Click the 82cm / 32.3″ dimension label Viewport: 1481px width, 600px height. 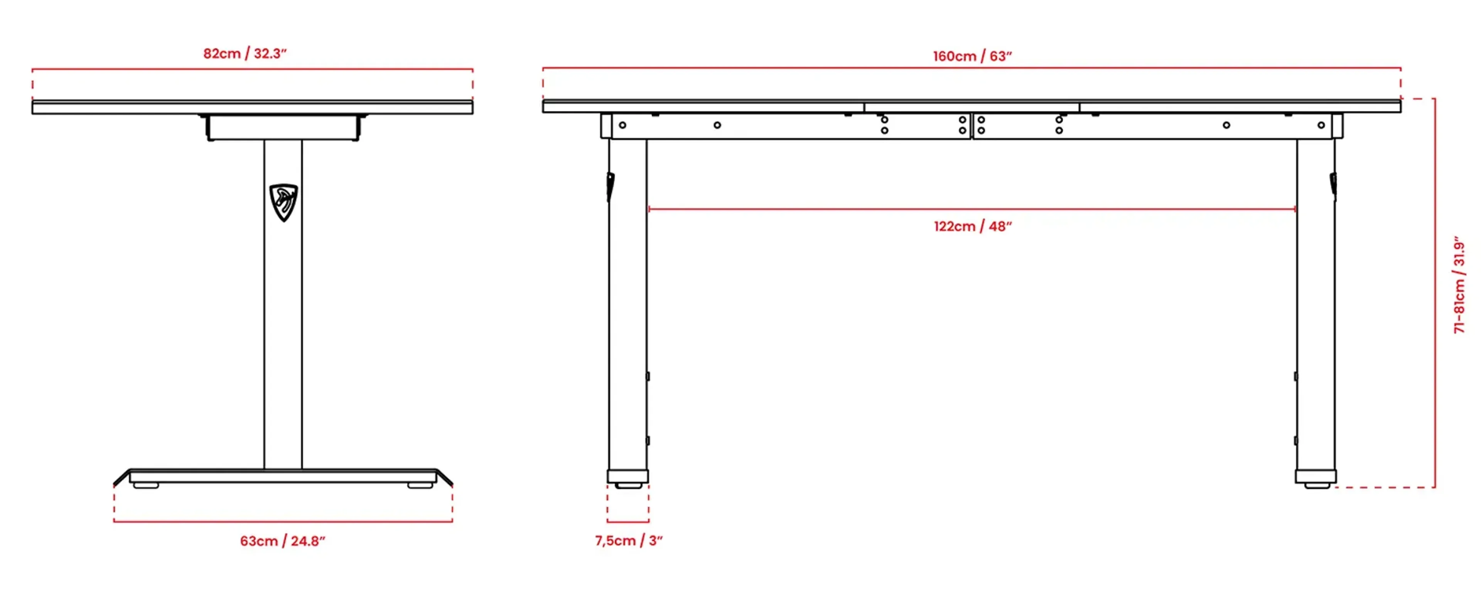[x=245, y=54]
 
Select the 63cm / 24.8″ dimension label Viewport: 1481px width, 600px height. [x=282, y=541]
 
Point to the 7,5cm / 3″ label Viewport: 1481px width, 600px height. [x=628, y=540]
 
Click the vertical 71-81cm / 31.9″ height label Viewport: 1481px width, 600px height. [x=1459, y=285]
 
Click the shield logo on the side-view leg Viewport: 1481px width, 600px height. [x=283, y=202]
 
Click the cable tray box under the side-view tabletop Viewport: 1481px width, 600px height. [x=283, y=127]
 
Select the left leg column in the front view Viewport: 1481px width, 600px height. [x=627, y=305]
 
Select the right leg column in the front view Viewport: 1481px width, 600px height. [x=1316, y=305]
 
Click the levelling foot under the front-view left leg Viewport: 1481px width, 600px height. [x=628, y=485]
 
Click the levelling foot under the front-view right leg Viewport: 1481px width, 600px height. [x=1317, y=485]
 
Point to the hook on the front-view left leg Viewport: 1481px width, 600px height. [x=610, y=186]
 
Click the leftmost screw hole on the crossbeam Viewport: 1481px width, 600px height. [x=622, y=125]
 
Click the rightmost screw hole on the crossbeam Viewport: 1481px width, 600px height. [x=1321, y=125]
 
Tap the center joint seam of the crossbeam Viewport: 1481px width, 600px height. [x=972, y=125]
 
